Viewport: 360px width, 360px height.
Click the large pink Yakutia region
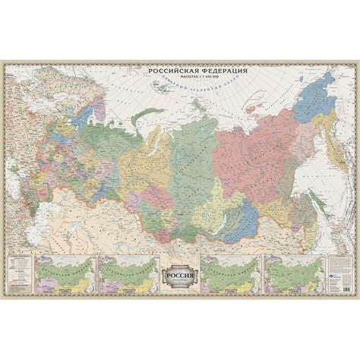[x=243, y=141]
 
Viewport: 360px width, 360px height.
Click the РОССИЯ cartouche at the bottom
[x=180, y=274]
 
